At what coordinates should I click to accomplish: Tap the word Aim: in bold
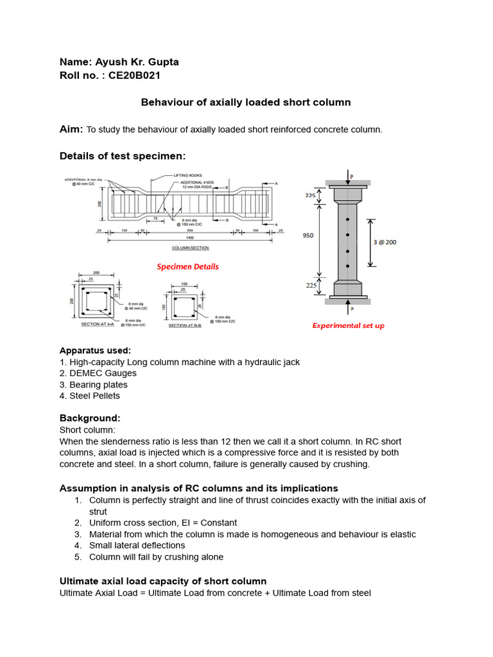pyautogui.click(x=71, y=130)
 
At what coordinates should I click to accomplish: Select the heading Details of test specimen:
pyautogui.click(x=122, y=156)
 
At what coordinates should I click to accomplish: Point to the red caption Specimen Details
pyautogui.click(x=188, y=266)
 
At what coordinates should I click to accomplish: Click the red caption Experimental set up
pyautogui.click(x=348, y=325)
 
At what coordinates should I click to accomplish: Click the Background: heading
pyautogui.click(x=90, y=418)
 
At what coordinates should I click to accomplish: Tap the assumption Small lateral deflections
pyautogui.click(x=137, y=545)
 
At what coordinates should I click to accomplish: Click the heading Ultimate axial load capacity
pyautogui.click(x=162, y=581)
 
